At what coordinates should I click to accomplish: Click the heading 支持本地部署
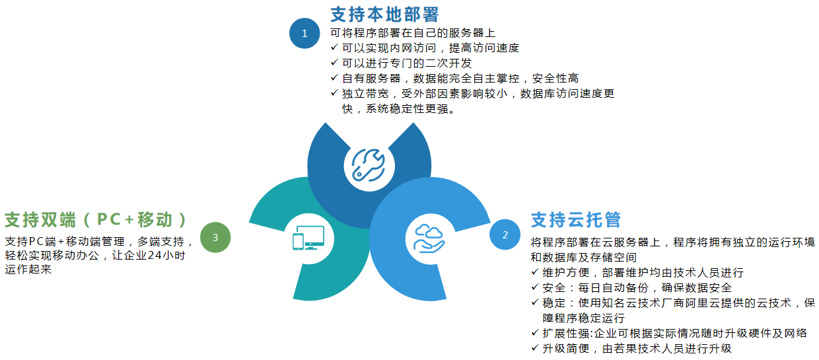pos(384,14)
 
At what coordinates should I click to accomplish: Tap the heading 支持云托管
pos(576,219)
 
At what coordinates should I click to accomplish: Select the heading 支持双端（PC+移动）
pos(96,219)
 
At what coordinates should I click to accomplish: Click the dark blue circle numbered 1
pos(304,33)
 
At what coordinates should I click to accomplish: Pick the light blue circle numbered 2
pos(505,234)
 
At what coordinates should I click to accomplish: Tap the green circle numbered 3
pos(215,236)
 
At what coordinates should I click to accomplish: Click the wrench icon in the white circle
pos(368,164)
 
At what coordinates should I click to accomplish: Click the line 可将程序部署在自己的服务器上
pos(412,32)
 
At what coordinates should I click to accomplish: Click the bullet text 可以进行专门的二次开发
pos(407,63)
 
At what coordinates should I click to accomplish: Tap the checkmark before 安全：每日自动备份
pos(535,287)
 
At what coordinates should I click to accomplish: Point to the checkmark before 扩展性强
pos(535,333)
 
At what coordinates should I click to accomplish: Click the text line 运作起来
pos(28,270)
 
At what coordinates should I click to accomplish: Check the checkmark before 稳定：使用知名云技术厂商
pos(535,303)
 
